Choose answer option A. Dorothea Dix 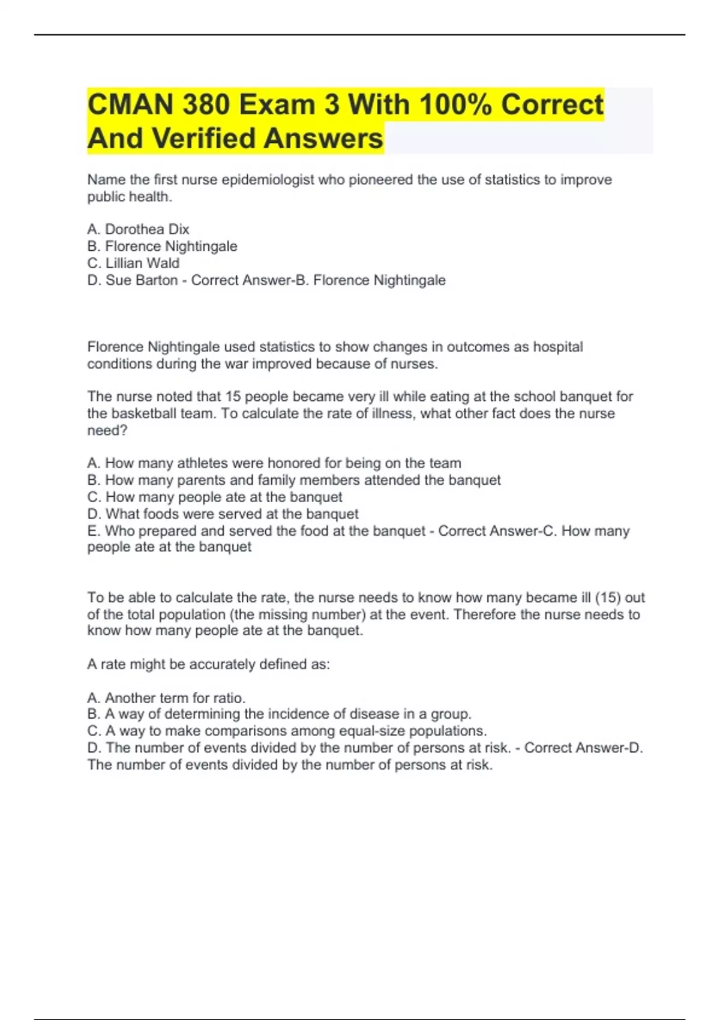pos(138,229)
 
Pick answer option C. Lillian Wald pos(133,263)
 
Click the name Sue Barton pos(142,280)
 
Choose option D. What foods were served pos(223,514)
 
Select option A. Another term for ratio pos(166,698)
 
